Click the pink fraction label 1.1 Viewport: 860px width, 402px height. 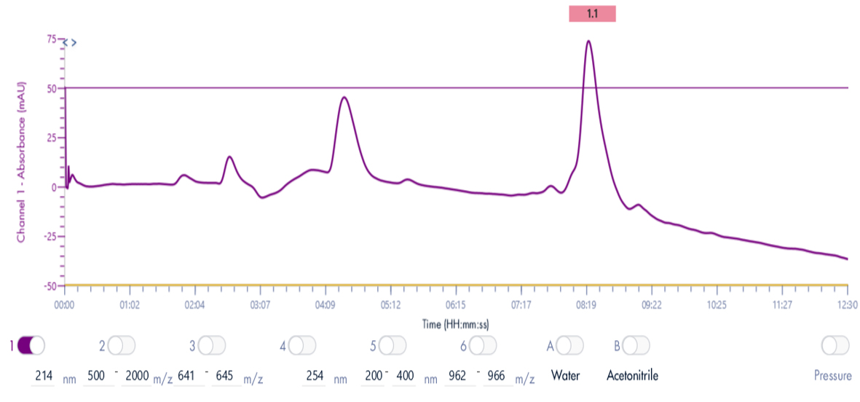(592, 14)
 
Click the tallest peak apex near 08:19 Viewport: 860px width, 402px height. (588, 41)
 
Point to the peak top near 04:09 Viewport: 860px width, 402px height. (344, 98)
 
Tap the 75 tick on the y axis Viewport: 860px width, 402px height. (51, 39)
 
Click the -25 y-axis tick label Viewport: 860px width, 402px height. (49, 236)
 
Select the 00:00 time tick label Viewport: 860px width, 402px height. (65, 307)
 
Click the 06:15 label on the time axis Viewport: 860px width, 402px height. (454, 307)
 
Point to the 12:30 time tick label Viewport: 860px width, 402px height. (847, 307)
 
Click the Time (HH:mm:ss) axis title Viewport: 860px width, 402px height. (456, 324)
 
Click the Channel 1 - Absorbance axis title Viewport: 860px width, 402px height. (21, 162)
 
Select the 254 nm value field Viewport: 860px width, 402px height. (314, 376)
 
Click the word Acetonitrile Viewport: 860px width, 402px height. (632, 376)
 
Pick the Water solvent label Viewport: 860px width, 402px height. (565, 376)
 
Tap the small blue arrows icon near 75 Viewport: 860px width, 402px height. (69, 42)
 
